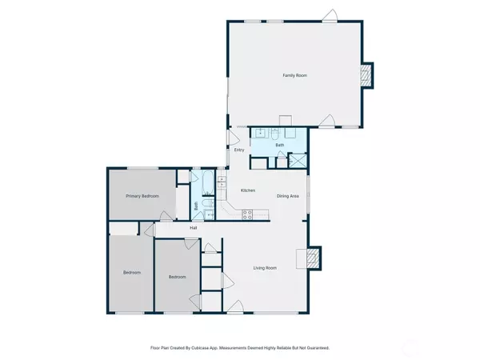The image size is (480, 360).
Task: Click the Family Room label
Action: [294, 75]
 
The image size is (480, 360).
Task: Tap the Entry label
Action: [239, 150]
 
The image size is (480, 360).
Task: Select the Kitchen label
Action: [248, 190]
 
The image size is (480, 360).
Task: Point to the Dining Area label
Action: [287, 196]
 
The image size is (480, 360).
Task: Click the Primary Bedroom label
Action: [142, 196]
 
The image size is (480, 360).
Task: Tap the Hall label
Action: [193, 228]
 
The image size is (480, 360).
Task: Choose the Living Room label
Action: [265, 268]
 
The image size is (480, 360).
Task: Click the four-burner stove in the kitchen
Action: [247, 214]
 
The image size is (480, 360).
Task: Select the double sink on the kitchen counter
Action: [222, 182]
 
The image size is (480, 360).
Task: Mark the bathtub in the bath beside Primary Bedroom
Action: [208, 182]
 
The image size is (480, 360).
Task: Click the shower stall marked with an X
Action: [298, 161]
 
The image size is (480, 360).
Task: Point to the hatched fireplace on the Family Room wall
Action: [365, 76]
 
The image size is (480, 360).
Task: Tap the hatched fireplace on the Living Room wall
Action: [312, 258]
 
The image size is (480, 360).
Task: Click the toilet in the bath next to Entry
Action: [275, 133]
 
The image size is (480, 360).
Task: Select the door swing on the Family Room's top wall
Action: [330, 15]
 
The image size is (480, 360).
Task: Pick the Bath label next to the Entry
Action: [280, 145]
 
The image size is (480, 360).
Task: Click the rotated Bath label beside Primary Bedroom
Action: [196, 206]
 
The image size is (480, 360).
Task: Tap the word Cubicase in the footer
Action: [200, 348]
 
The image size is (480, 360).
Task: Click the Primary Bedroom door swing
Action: [166, 215]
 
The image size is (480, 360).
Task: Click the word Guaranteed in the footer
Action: [318, 348]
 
